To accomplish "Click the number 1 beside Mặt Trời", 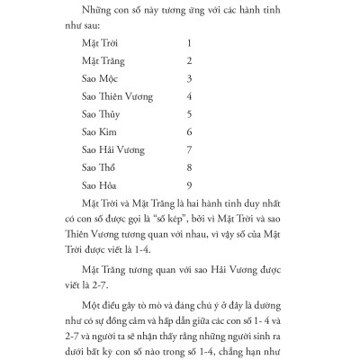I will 188,43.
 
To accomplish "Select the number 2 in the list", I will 188,60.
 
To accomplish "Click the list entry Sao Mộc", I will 101,78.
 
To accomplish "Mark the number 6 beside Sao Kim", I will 188,131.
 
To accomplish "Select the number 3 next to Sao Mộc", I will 188,78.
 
